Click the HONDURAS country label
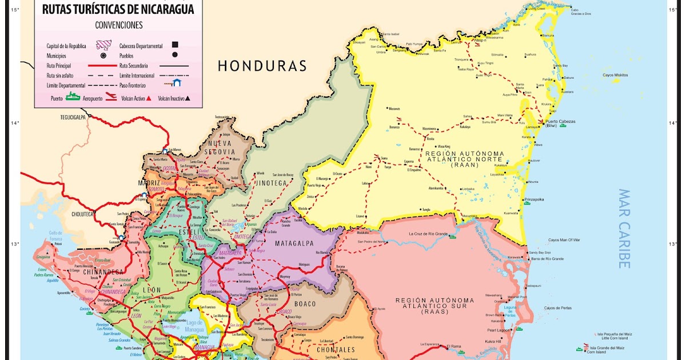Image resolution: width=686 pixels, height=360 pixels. click(262, 66)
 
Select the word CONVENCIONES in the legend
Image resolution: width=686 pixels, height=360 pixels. click(119, 25)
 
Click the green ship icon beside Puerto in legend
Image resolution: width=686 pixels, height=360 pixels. click(73, 98)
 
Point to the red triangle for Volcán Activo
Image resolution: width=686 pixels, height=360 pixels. click(148, 98)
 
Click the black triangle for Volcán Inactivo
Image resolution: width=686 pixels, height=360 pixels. click(187, 98)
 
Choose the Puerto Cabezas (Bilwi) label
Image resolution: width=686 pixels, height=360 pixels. click(560, 123)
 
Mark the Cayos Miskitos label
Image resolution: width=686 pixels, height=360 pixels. click(615, 75)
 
